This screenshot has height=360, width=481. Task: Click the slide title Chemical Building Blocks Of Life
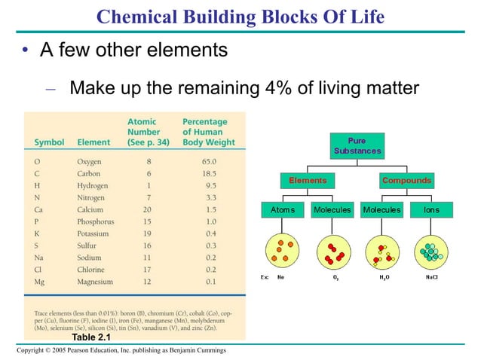coord(240,16)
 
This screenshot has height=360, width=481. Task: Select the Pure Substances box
coord(357,146)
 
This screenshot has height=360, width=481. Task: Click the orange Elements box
coord(307,181)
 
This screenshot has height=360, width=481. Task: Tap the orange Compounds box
coord(406,181)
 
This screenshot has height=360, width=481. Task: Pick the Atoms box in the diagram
coord(283,209)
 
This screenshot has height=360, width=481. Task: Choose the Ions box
coord(431,209)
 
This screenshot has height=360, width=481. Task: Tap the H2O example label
coord(384,277)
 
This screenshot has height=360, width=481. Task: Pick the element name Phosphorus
coord(96,221)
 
